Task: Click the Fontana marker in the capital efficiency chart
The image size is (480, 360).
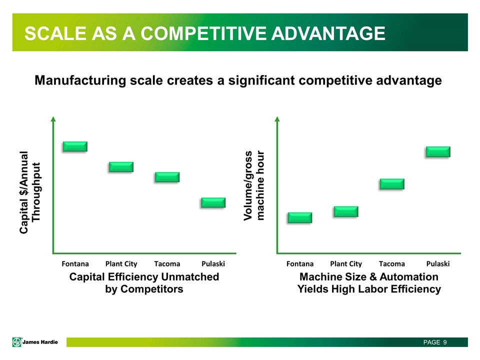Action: (75, 146)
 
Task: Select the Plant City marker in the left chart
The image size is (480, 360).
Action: (121, 167)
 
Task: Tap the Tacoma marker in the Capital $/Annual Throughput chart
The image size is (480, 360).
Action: (167, 177)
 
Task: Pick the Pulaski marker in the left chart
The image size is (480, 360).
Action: (213, 202)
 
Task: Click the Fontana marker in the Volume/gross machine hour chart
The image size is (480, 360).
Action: (300, 217)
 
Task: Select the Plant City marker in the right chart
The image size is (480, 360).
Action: (346, 211)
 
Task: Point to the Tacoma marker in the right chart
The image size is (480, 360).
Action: (392, 184)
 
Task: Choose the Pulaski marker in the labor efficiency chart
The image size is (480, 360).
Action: (438, 152)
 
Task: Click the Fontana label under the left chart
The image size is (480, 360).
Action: (75, 263)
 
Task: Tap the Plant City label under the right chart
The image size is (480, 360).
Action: (346, 264)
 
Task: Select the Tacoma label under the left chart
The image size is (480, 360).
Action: (167, 263)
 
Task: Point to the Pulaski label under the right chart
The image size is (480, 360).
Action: (438, 263)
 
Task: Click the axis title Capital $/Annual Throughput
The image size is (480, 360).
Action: (29, 192)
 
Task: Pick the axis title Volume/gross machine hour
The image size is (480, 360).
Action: (254, 185)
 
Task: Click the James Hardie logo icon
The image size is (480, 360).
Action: (17, 342)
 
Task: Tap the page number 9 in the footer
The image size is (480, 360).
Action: (445, 342)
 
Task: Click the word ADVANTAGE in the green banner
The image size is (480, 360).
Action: (328, 33)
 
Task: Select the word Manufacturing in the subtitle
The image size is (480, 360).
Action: (80, 80)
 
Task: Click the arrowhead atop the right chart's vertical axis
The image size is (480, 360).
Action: (277, 119)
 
